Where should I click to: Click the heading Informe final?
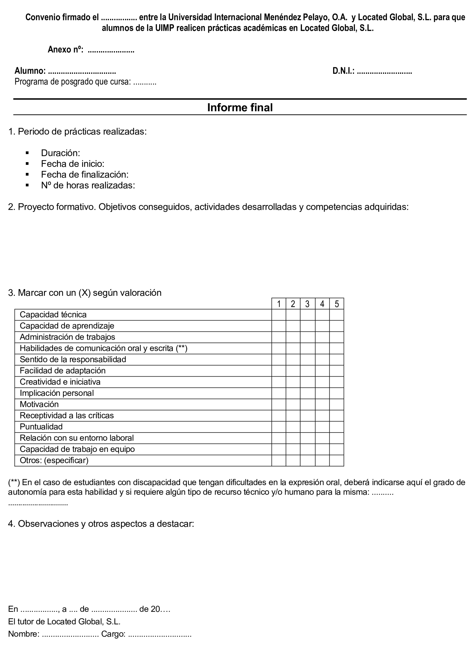tap(240, 107)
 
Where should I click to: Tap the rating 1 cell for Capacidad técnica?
tap(278, 315)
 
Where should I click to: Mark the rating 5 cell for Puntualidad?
tap(336, 427)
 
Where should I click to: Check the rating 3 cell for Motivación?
tap(307, 404)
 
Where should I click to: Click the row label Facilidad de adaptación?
tap(62, 371)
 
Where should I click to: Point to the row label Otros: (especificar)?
tap(54, 460)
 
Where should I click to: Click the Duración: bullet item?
tap(60, 153)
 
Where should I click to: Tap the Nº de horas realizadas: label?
tap(88, 185)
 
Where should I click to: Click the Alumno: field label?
tap(30, 71)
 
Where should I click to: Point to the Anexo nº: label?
tap(65, 50)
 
